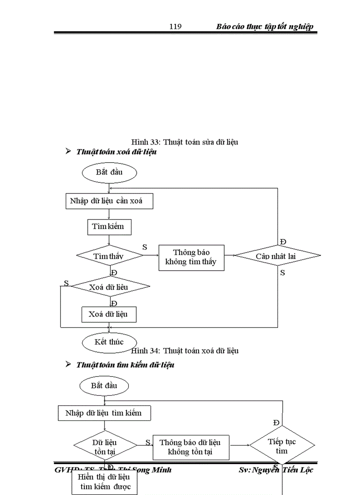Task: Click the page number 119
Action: (x=176, y=27)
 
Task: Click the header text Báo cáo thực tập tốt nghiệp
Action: (x=265, y=27)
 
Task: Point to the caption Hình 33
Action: (x=185, y=142)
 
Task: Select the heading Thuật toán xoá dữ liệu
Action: (x=116, y=152)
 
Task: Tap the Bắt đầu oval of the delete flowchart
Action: (x=109, y=172)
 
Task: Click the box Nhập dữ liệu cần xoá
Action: (x=109, y=201)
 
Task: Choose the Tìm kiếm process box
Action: (x=108, y=227)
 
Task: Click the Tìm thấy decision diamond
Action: (x=109, y=256)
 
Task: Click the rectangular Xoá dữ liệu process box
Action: (x=109, y=315)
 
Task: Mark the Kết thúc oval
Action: (x=109, y=342)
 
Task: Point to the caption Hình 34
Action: (x=185, y=351)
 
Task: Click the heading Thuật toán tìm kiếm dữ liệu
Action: (x=125, y=365)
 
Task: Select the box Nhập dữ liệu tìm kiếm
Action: (x=104, y=413)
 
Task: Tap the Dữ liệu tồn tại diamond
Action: (x=105, y=446)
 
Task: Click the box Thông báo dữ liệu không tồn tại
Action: (x=191, y=447)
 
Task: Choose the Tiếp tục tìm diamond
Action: (x=282, y=446)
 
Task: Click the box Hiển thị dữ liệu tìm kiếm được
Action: (x=104, y=482)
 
